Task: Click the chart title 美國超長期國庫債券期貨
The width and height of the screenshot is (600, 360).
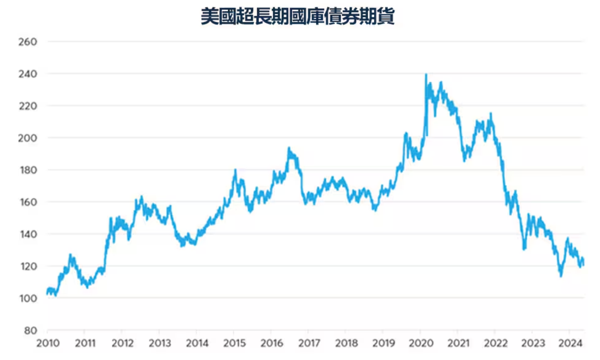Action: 298,17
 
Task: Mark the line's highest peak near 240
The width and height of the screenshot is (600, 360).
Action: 426,75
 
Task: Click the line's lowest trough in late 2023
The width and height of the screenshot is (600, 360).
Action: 561,276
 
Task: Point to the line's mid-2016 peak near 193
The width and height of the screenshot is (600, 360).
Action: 289,148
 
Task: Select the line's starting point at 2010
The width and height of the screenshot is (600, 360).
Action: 47,293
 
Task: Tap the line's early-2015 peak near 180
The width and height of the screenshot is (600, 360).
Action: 235,171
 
